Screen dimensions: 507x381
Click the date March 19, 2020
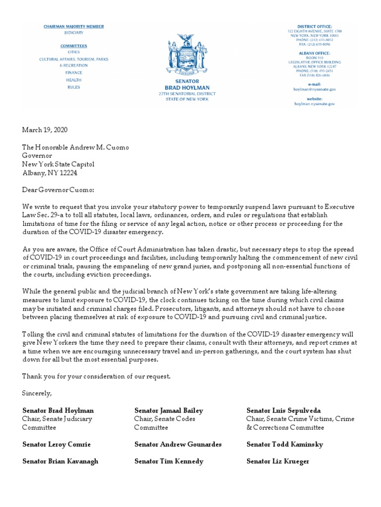coord(45,130)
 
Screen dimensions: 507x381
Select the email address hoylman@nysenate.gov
coord(315,89)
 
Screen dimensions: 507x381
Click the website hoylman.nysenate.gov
coord(315,104)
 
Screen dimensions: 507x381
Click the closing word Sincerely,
coord(37,393)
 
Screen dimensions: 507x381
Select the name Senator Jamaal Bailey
coord(169,410)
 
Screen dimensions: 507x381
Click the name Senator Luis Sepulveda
coord(283,410)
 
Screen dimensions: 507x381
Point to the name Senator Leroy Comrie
coord(57,444)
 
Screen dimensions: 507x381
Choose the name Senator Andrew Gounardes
coord(178,444)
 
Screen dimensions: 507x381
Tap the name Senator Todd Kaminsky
coord(285,444)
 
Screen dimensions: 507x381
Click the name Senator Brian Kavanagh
coord(60,461)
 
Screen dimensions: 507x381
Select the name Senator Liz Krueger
coord(278,461)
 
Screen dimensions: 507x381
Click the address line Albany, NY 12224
coord(50,173)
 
